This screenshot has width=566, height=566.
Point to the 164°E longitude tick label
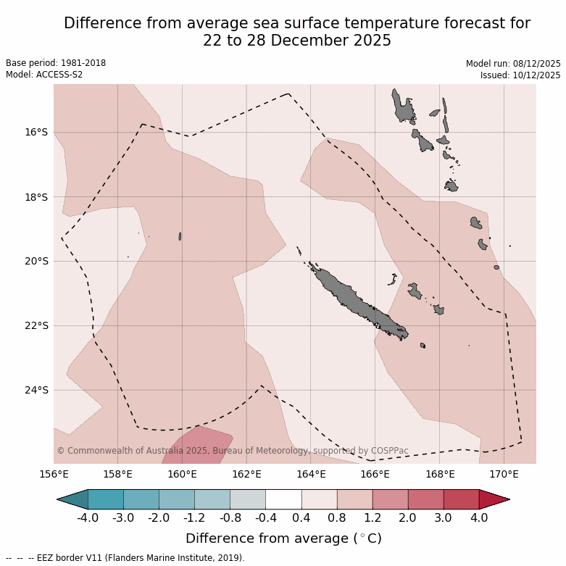pyautogui.click(x=311, y=475)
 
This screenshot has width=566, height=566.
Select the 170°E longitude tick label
pyautogui.click(x=504, y=475)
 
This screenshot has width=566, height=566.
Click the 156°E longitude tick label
pyautogui.click(x=54, y=475)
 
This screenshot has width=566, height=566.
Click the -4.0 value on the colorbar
pyautogui.click(x=88, y=518)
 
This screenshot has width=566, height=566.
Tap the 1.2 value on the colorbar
pyautogui.click(x=373, y=518)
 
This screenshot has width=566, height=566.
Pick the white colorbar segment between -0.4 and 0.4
pyautogui.click(x=283, y=499)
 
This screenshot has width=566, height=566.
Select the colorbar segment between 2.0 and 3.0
pyautogui.click(x=425, y=499)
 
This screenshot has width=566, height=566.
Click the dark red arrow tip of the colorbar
pyautogui.click(x=494, y=499)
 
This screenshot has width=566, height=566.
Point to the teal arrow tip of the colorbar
pyautogui.click(x=72, y=499)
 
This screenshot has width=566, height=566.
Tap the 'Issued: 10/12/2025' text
pyautogui.click(x=520, y=75)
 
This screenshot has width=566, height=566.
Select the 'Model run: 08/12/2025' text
pyautogui.click(x=513, y=63)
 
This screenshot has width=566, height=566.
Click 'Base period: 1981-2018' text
pyautogui.click(x=56, y=63)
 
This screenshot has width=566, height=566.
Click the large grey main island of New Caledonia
pyautogui.click(x=355, y=301)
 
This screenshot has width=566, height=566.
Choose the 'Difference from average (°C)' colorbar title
pyautogui.click(x=283, y=538)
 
